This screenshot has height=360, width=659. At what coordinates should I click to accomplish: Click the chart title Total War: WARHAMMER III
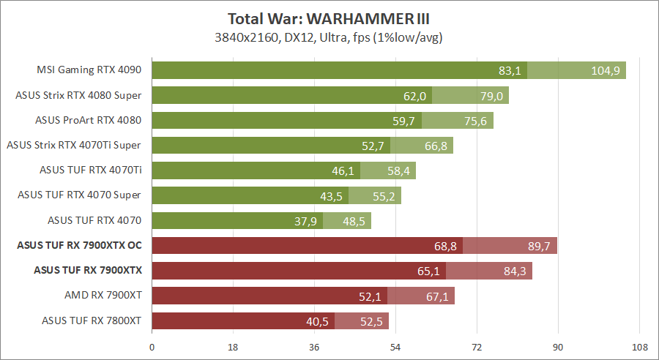tap(328, 18)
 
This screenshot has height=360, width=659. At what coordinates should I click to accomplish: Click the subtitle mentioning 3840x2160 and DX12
tap(328, 37)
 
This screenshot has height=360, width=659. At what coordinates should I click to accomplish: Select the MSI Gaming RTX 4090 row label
tap(89, 70)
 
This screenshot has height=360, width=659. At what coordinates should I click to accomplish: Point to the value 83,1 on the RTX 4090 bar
tap(509, 70)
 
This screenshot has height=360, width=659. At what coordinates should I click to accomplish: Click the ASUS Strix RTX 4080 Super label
tap(78, 95)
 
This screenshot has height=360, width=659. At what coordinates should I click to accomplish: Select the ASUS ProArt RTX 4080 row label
tap(88, 120)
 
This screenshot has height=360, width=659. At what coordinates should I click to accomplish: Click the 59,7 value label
tap(404, 121)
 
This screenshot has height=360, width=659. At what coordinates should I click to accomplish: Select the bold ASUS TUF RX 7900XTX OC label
tap(78, 246)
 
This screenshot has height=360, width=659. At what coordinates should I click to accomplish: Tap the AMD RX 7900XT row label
tap(103, 296)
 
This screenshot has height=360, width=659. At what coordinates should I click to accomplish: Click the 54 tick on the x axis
tap(395, 348)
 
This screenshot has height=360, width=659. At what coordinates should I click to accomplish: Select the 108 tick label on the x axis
tap(639, 348)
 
